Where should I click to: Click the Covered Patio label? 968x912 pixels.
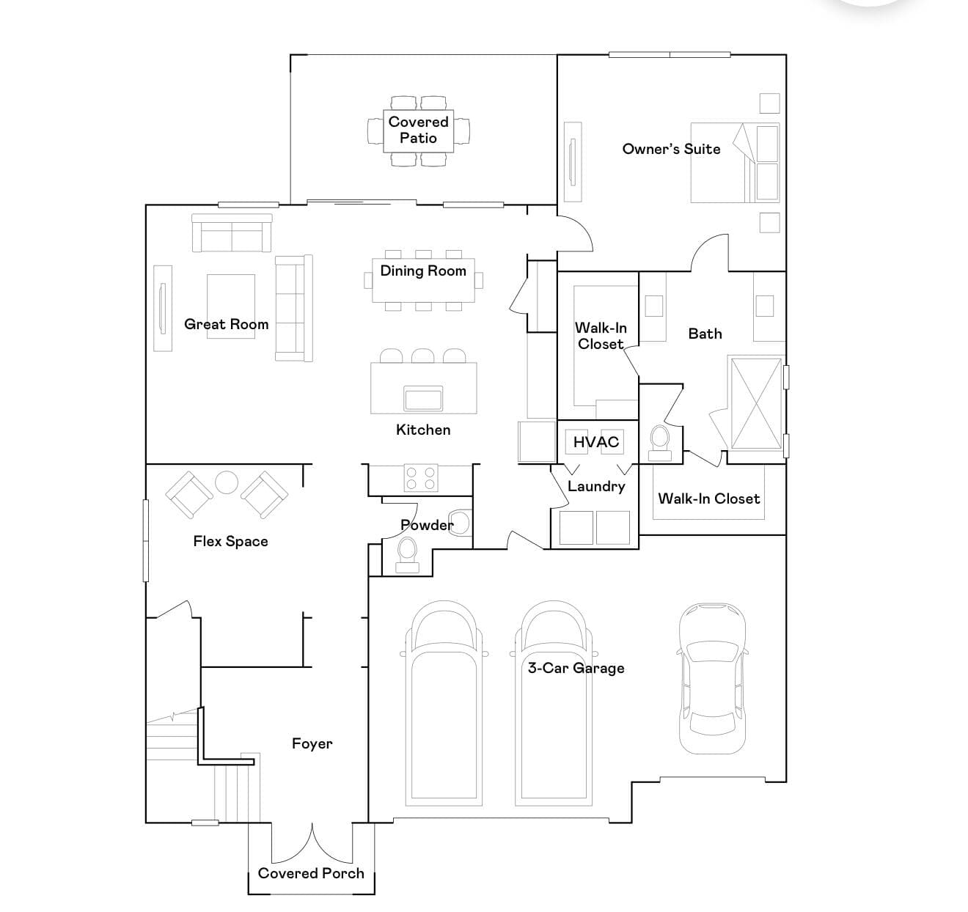pyautogui.click(x=418, y=130)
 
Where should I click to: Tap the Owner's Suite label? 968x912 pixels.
pyautogui.click(x=671, y=149)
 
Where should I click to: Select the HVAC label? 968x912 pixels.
pyautogui.click(x=595, y=441)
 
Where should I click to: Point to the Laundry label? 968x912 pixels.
pyautogui.click(x=596, y=487)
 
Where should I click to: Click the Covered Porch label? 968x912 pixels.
pyautogui.click(x=311, y=873)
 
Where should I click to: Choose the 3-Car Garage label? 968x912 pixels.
pyautogui.click(x=576, y=668)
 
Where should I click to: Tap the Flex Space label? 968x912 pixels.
pyautogui.click(x=230, y=541)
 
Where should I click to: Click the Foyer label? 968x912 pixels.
pyautogui.click(x=312, y=743)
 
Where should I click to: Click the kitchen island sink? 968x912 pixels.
pyautogui.click(x=423, y=398)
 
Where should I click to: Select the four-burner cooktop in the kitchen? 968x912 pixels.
pyautogui.click(x=421, y=478)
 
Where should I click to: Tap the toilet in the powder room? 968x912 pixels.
pyautogui.click(x=407, y=556)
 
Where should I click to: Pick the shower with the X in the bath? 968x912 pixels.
pyautogui.click(x=757, y=404)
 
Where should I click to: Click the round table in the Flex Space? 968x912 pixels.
pyautogui.click(x=227, y=482)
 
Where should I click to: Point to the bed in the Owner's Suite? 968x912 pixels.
pyautogui.click(x=735, y=163)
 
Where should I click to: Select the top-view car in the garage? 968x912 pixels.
pyautogui.click(x=712, y=679)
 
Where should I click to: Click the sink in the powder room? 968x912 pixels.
pyautogui.click(x=458, y=523)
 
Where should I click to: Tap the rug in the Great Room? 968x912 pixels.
pyautogui.click(x=230, y=306)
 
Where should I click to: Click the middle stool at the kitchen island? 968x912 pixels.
pyautogui.click(x=422, y=356)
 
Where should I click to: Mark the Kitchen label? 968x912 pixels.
pyautogui.click(x=423, y=430)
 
